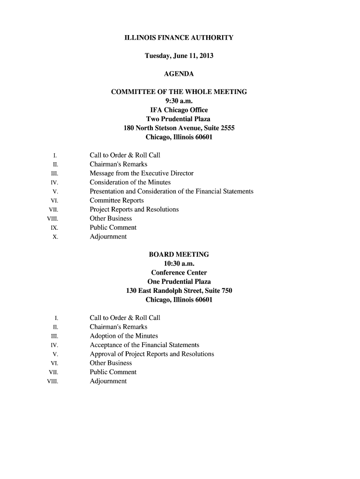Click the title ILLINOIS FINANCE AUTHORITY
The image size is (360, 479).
point(179,37)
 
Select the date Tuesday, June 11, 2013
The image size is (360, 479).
point(179,56)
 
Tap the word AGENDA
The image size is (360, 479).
point(179,74)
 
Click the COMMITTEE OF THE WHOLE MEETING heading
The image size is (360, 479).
point(179,92)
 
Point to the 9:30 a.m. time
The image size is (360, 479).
point(179,101)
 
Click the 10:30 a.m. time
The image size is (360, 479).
point(179,264)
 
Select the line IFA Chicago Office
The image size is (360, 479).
point(179,110)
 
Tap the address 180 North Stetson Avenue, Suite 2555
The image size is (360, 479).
point(179,128)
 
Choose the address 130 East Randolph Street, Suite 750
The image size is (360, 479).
point(179,291)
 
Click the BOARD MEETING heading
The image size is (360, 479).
point(179,254)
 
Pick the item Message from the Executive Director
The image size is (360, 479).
point(141,174)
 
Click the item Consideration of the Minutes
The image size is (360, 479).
point(130,182)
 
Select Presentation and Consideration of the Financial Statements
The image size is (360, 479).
point(171,191)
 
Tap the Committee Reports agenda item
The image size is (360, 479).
point(116,201)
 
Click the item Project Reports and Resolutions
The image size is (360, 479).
point(134,210)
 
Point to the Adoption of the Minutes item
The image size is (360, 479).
point(123,336)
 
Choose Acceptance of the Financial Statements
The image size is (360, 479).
point(144,345)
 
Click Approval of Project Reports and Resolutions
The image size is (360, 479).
point(151,354)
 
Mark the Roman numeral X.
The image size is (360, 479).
point(55,237)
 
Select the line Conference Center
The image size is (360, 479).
point(179,273)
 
